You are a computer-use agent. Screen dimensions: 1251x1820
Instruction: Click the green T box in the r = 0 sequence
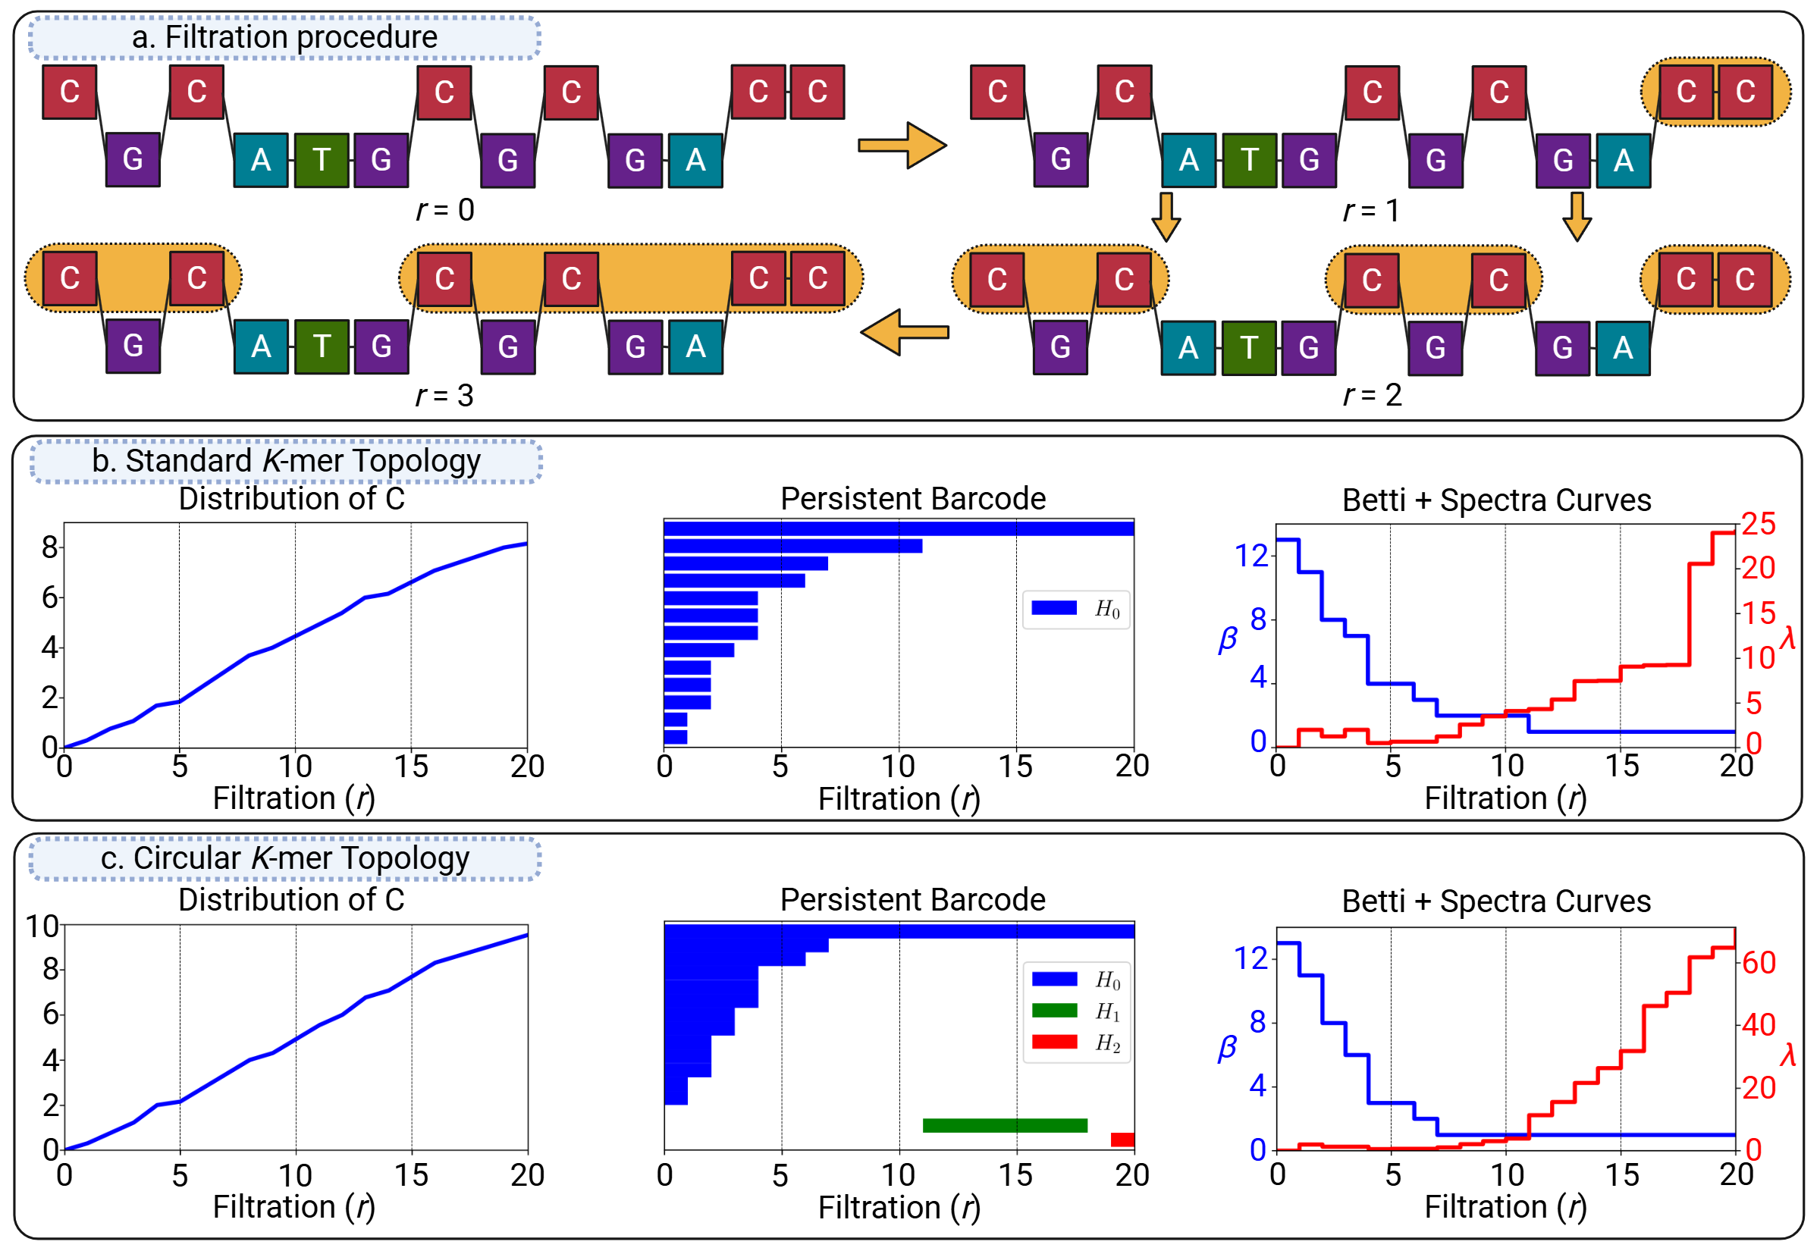coord(322,160)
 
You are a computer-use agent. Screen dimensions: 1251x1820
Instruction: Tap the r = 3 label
coord(444,396)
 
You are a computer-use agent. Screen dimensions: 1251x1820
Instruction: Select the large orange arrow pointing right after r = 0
coord(902,145)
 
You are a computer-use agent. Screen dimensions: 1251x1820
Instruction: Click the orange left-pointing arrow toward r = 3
coord(905,332)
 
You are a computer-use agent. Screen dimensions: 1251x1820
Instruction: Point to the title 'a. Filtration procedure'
coord(284,37)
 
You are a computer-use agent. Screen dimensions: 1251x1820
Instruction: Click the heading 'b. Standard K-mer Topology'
coord(286,461)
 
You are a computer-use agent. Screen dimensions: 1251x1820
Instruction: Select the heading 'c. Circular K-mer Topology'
coord(284,858)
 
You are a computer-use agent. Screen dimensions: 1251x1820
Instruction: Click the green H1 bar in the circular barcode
coord(1005,1126)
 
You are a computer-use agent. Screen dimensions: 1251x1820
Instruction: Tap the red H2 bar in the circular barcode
coord(1122,1140)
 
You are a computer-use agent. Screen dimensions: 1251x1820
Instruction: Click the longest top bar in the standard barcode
coord(898,529)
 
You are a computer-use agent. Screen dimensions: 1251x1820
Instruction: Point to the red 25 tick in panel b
coord(1758,525)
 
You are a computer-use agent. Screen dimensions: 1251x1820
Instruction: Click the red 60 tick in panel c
coord(1758,964)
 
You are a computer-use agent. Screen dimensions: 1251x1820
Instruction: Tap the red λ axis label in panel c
coord(1788,1055)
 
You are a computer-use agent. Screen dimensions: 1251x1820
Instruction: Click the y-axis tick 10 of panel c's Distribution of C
coord(42,927)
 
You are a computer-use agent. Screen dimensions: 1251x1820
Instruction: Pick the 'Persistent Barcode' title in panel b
coord(912,500)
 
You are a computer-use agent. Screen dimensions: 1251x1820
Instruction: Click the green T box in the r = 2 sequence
coord(1249,348)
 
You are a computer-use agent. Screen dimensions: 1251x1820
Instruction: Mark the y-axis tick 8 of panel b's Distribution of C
coord(50,547)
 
